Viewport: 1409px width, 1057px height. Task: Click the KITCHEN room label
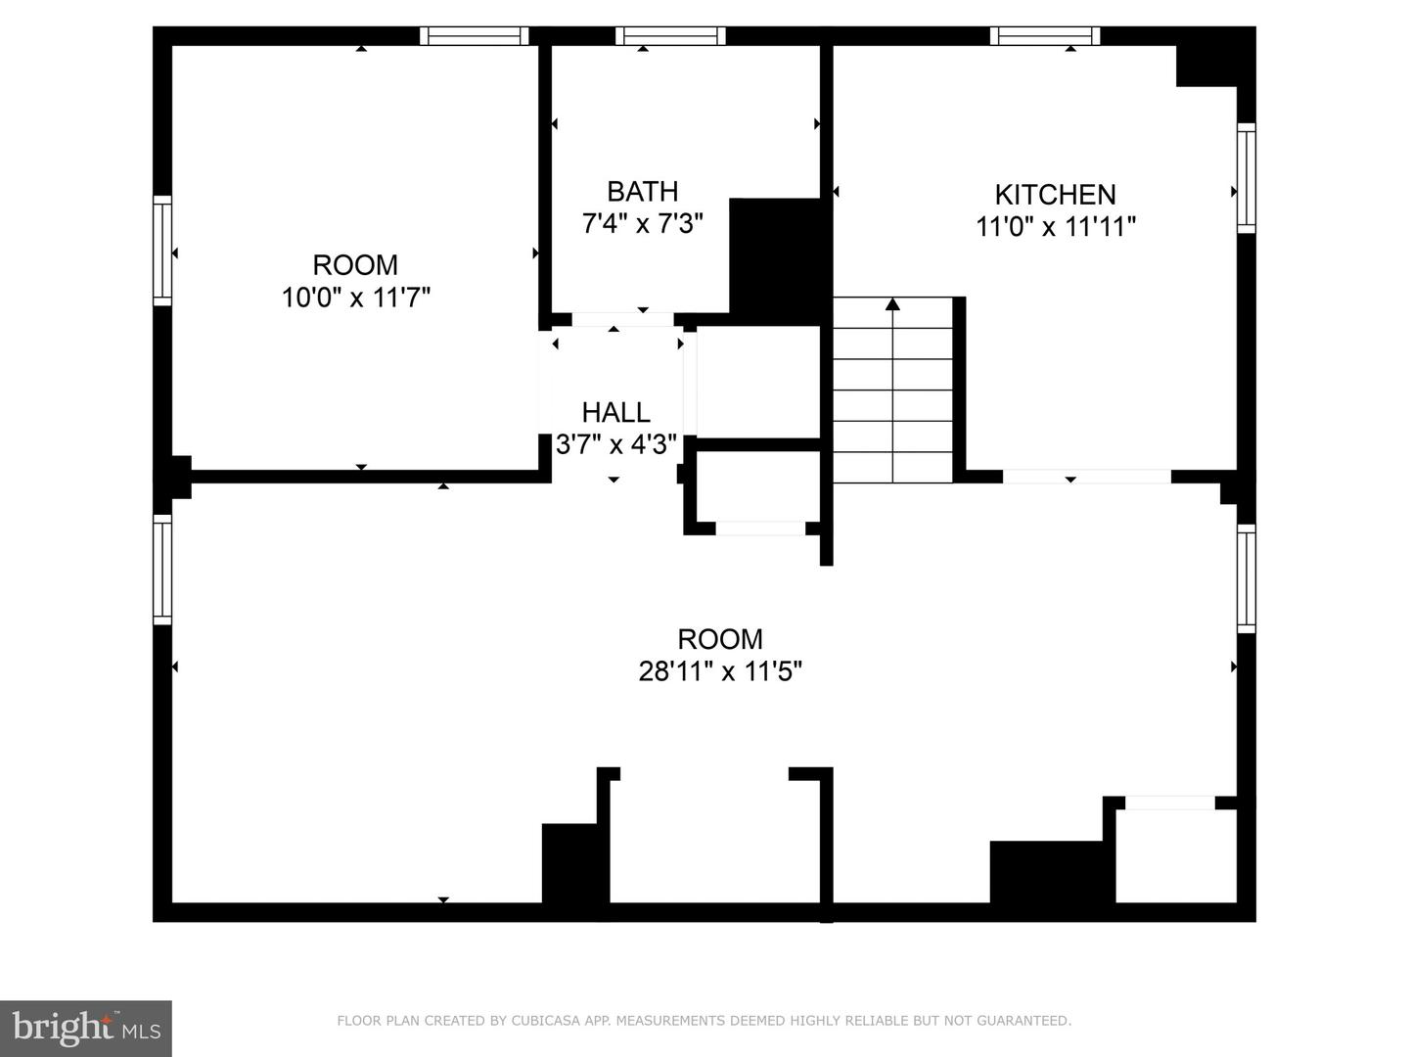tap(1055, 194)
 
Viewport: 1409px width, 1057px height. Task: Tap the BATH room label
tap(642, 191)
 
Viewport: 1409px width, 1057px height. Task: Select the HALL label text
tap(615, 412)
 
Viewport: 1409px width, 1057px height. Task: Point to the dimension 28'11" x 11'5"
tap(720, 671)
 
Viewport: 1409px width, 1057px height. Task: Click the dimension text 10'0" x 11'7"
tap(356, 298)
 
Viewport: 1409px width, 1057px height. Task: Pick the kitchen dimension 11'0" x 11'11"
tap(1056, 227)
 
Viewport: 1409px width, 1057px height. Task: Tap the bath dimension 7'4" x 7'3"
tap(642, 224)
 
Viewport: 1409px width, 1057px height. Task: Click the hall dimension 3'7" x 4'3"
tap(616, 445)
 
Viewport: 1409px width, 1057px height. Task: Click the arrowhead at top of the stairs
tap(892, 304)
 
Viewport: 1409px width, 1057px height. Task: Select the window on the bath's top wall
tap(670, 36)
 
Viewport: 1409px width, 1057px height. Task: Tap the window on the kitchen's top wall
tap(1045, 36)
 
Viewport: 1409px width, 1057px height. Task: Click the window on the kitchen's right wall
tap(1246, 177)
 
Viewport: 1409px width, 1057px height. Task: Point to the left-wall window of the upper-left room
tap(162, 251)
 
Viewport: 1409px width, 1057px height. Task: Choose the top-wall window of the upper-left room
tap(475, 36)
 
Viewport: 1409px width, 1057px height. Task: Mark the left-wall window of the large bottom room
tap(162, 570)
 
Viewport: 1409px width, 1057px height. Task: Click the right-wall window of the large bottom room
tap(1246, 578)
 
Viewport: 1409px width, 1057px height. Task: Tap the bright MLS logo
tap(85, 1029)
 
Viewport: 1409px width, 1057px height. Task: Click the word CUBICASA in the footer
tap(540, 1021)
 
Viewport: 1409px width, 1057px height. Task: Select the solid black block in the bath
tap(775, 256)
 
